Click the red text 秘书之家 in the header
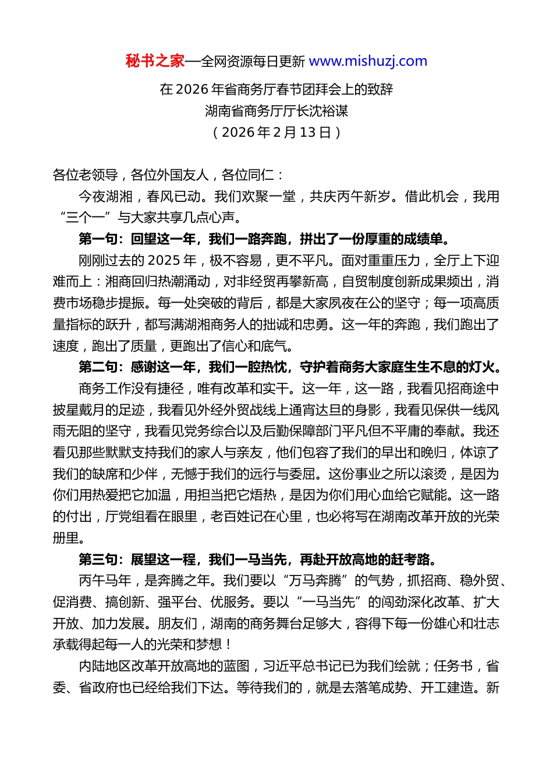[155, 61]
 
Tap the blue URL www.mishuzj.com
[368, 61]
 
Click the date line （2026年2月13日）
[276, 132]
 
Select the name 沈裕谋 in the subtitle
[329, 111]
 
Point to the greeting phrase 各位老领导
[86, 175]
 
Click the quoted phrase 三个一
[86, 218]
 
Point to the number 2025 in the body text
[164, 260]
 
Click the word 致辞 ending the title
[380, 89]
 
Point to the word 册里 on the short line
[66, 538]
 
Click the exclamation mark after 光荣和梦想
[228, 645]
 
